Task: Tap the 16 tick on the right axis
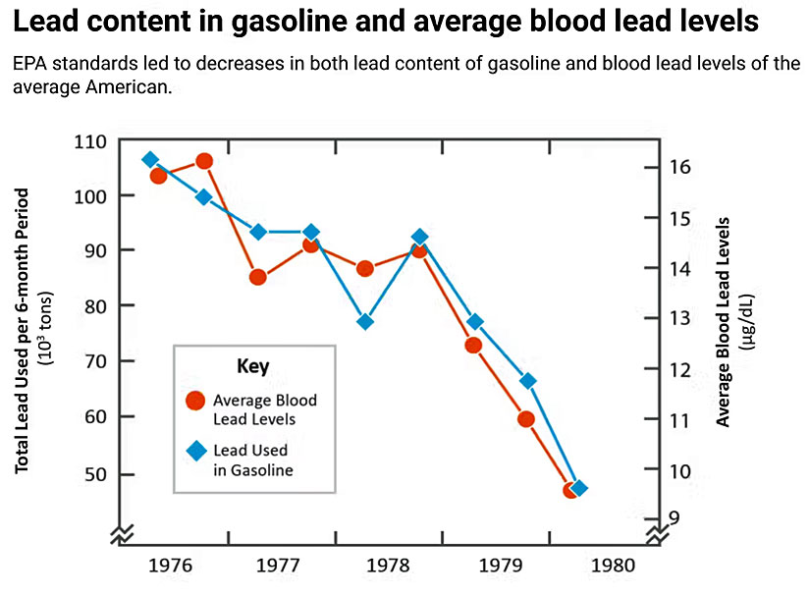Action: [679, 167]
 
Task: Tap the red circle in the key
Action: [195, 400]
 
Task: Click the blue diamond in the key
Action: [196, 451]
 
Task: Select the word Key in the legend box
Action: [253, 366]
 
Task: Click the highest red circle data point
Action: [204, 161]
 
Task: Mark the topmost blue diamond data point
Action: [150, 159]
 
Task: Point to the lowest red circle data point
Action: [570, 489]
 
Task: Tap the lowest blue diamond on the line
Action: [579, 488]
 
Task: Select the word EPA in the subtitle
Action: [31, 65]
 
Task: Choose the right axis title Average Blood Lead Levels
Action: [725, 321]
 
